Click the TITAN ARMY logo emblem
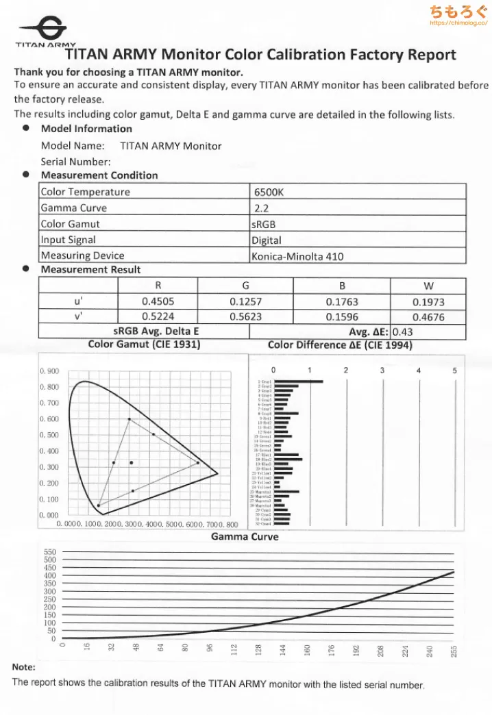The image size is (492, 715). (42, 29)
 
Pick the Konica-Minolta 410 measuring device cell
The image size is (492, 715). (297, 256)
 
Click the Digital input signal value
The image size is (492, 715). (267, 240)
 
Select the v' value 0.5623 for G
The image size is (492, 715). (245, 316)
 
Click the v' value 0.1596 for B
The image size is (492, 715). (342, 316)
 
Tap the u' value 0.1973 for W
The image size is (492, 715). (428, 301)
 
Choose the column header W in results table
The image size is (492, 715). (428, 286)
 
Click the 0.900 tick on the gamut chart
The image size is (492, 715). (49, 371)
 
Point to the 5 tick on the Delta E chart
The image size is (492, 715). (454, 371)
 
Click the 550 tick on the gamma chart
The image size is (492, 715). (50, 551)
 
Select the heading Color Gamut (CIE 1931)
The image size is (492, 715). (145, 344)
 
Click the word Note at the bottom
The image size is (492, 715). (23, 666)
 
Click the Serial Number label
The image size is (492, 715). (75, 162)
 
